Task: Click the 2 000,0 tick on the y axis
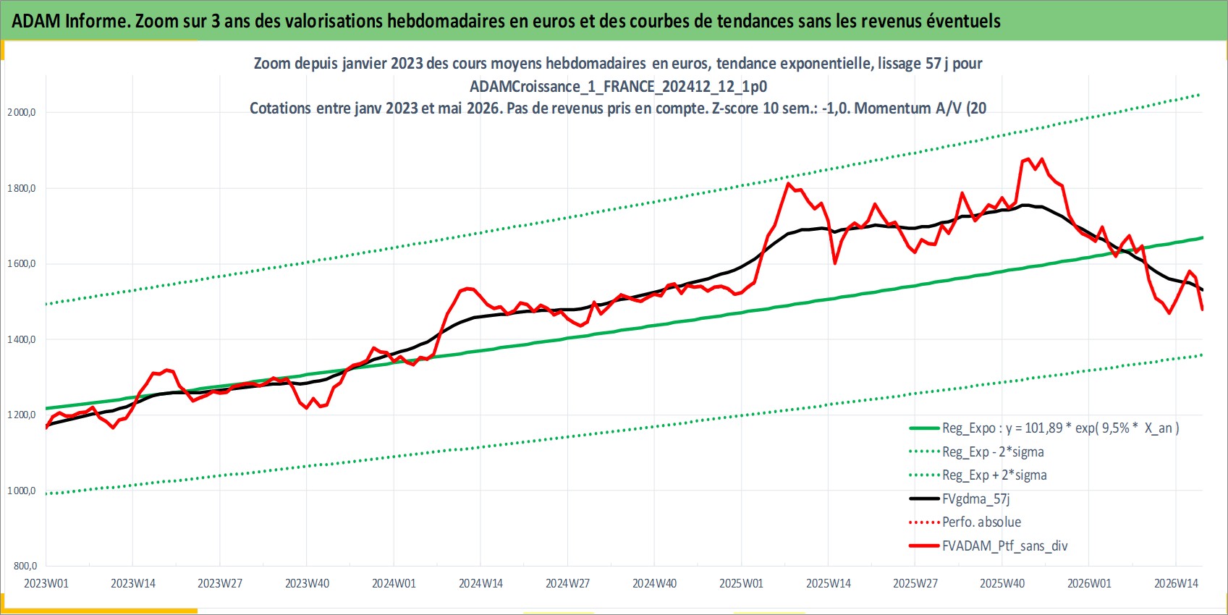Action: pyautogui.click(x=22, y=112)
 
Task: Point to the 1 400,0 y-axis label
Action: pyautogui.click(x=22, y=339)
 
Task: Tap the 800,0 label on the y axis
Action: pyautogui.click(x=25, y=567)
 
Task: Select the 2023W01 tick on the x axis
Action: pyautogui.click(x=46, y=583)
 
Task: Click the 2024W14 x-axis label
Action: pyautogui.click(x=480, y=583)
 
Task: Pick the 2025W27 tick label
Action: pyautogui.click(x=915, y=583)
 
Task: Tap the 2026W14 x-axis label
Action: pyautogui.click(x=1176, y=583)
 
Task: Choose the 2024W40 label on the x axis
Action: pyautogui.click(x=655, y=583)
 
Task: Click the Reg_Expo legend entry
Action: pyautogui.click(x=1043, y=428)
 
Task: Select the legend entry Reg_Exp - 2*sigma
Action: pyautogui.click(x=976, y=451)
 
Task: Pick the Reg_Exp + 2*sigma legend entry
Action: pyautogui.click(x=978, y=475)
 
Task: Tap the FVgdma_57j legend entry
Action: pyautogui.click(x=960, y=499)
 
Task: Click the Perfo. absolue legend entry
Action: pyautogui.click(x=965, y=522)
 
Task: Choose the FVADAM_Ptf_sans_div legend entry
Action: pyautogui.click(x=988, y=546)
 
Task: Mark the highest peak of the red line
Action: pyautogui.click(x=1028, y=158)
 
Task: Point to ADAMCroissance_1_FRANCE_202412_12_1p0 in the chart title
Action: pyautogui.click(x=619, y=87)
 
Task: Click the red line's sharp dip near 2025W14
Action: pyautogui.click(x=835, y=263)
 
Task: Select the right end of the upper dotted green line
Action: pyautogui.click(x=1200, y=95)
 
